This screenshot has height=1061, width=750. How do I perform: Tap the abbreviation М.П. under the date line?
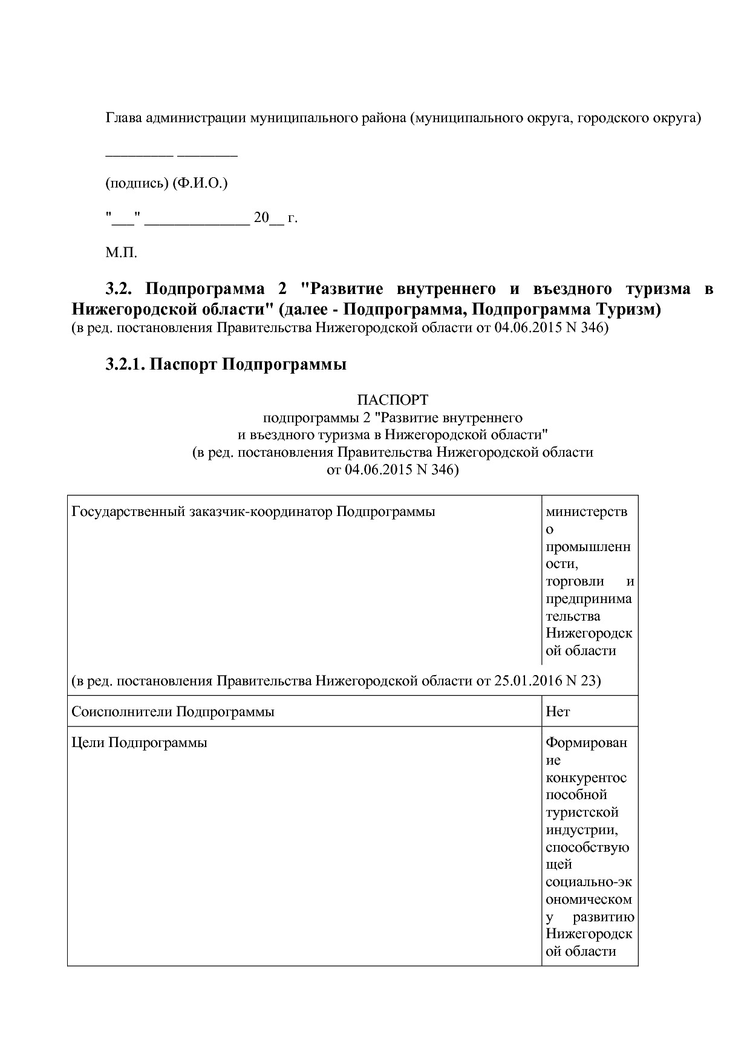(122, 253)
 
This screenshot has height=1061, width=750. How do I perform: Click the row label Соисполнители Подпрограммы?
(173, 711)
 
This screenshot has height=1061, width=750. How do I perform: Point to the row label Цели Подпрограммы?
(139, 742)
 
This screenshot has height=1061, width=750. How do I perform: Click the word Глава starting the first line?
(124, 117)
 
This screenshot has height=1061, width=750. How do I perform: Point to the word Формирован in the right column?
(587, 742)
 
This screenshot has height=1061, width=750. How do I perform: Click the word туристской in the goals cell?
(582, 812)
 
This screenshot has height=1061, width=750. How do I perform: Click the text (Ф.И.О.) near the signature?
(200, 183)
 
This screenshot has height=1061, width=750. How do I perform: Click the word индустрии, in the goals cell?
(582, 829)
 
